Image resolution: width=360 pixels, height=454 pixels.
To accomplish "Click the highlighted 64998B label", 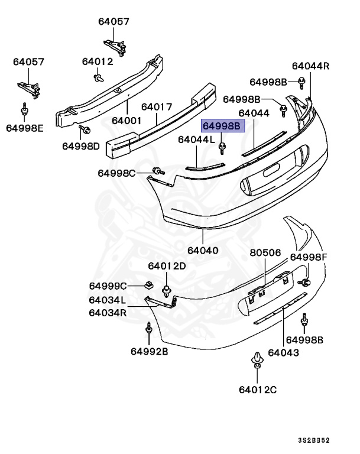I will click(222, 127).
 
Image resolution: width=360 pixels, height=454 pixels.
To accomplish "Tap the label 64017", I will click(156, 108).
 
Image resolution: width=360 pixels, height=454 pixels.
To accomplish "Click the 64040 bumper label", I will click(203, 250).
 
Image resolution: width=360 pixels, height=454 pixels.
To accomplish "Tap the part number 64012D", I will click(167, 266).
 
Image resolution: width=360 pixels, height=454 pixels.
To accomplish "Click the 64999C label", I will click(108, 286).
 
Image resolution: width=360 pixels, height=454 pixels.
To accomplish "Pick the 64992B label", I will click(150, 351).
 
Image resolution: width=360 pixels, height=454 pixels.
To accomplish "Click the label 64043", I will click(283, 352).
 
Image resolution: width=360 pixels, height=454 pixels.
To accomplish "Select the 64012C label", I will click(258, 390).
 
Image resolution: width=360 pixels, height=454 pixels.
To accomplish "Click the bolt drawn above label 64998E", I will click(25, 111).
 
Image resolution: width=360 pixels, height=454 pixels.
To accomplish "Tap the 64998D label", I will click(81, 145).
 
